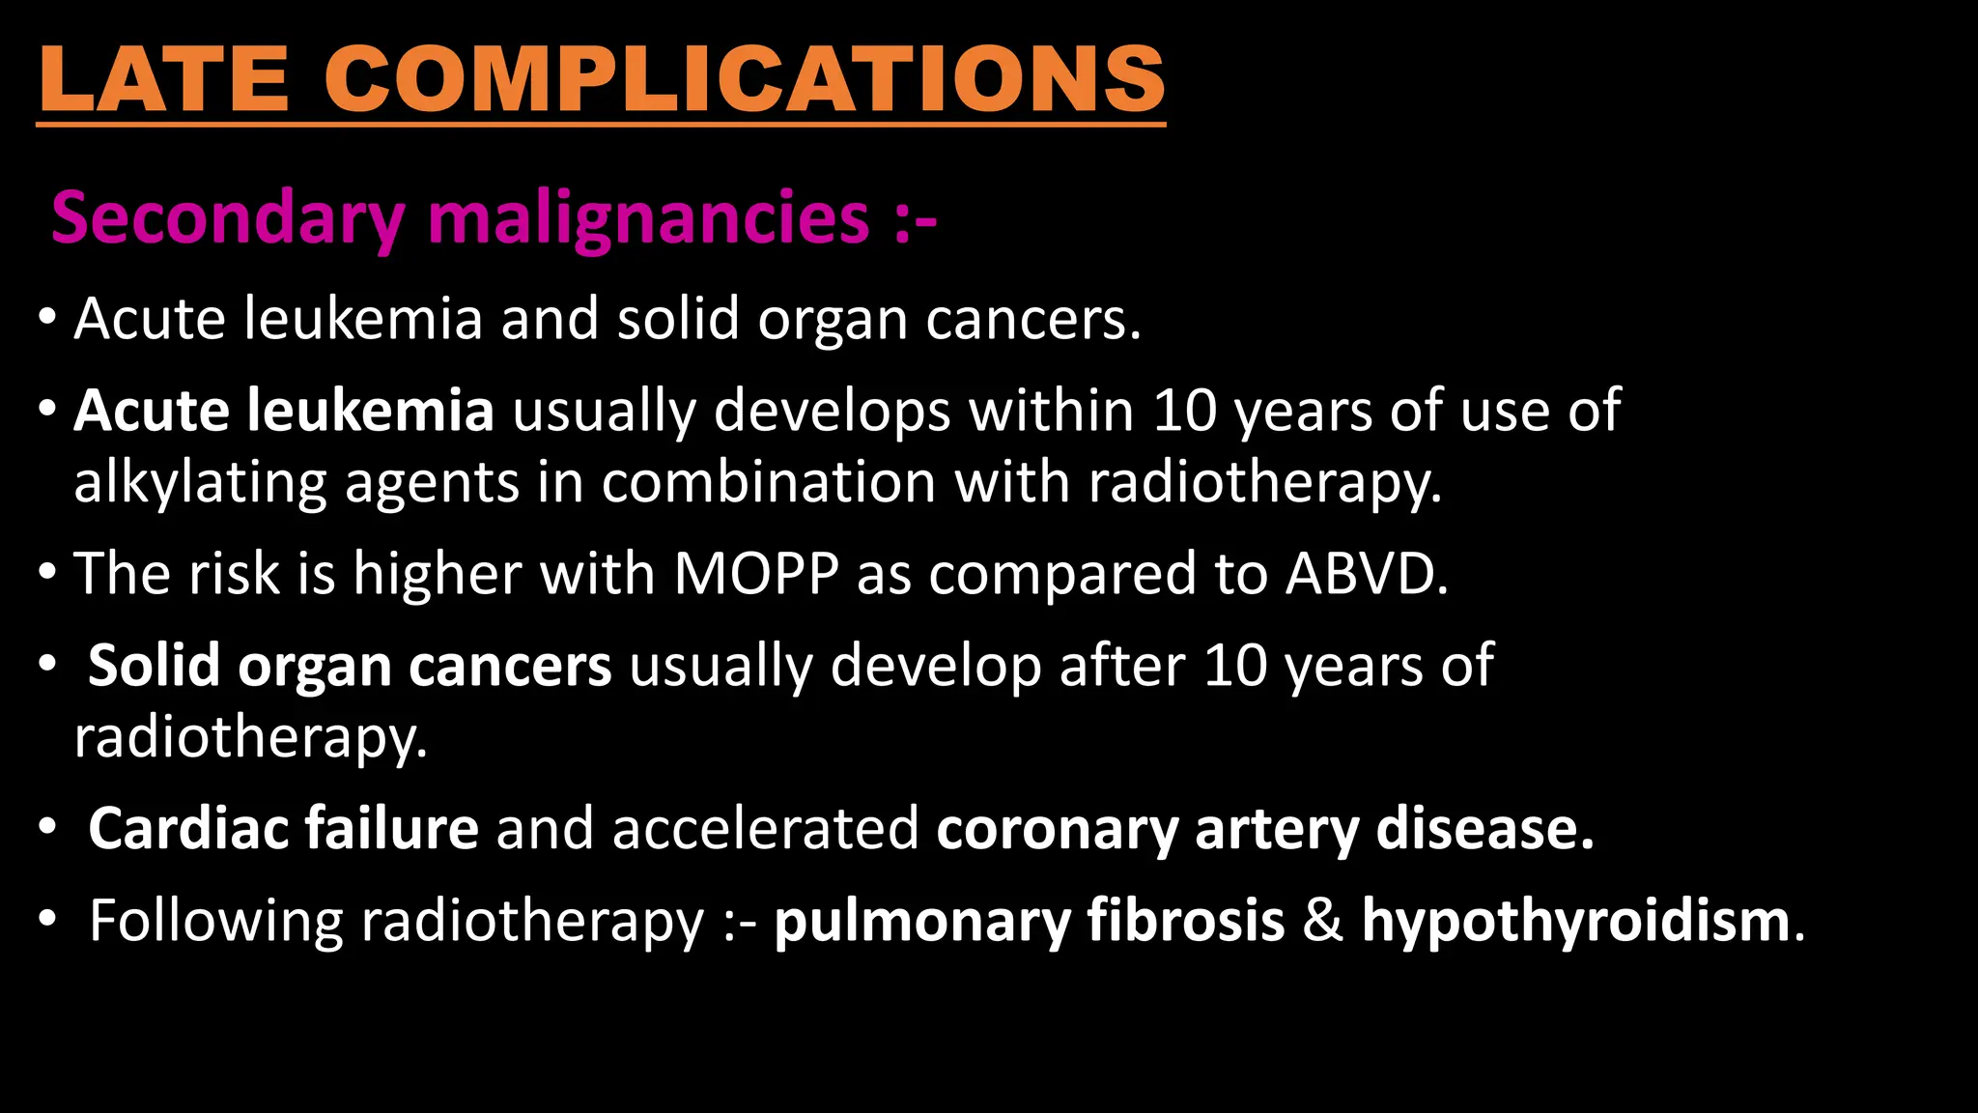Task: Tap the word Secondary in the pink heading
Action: [228, 218]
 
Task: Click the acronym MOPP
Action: [756, 574]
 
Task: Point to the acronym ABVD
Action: [1366, 574]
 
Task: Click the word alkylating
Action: [200, 482]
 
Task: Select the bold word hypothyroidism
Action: [1576, 921]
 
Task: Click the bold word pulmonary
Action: [922, 921]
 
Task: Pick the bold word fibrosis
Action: [1186, 921]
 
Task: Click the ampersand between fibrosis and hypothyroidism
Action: [1323, 921]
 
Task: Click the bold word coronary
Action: [1057, 829]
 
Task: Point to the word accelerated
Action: [765, 829]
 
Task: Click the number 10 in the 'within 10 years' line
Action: [1185, 411]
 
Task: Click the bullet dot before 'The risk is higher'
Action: [47, 574]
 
